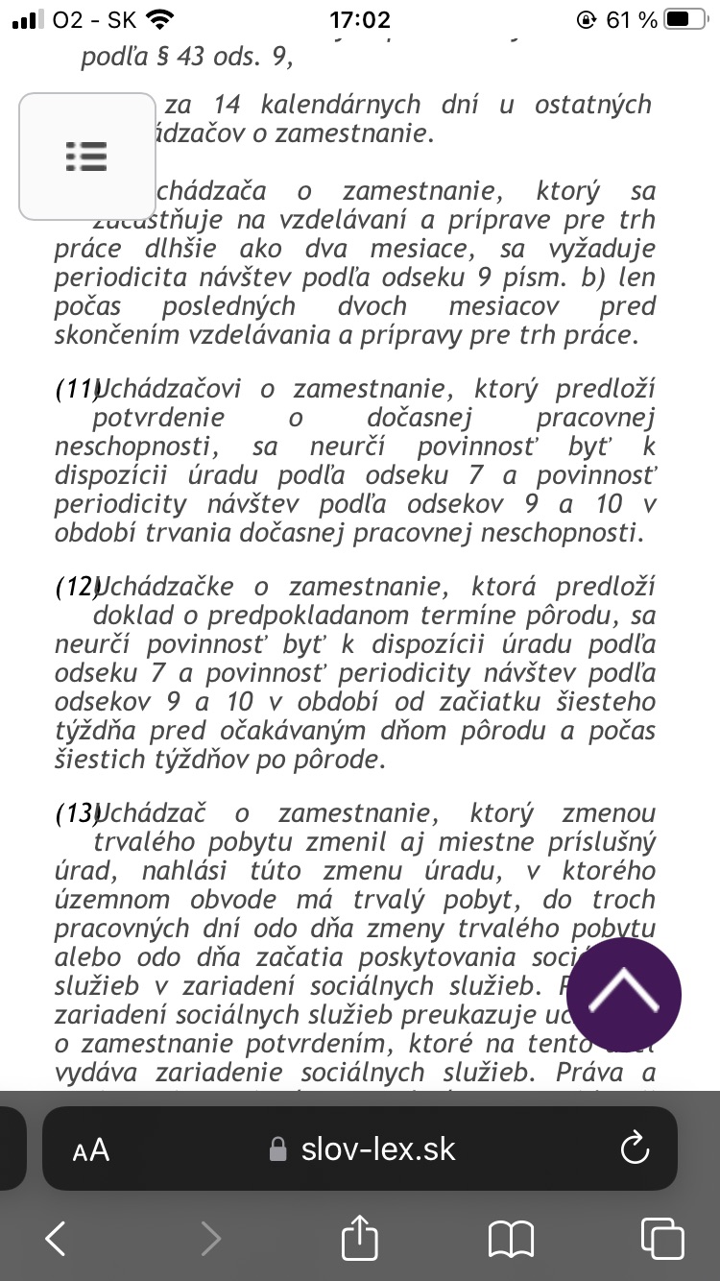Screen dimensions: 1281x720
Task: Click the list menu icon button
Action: pyautogui.click(x=86, y=156)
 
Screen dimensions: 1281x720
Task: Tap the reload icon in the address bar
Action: pyautogui.click(x=636, y=1149)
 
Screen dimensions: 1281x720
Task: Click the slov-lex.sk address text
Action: pyautogui.click(x=378, y=1149)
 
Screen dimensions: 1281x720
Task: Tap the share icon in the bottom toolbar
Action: pyautogui.click(x=360, y=1238)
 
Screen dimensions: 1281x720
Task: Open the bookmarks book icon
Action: pyautogui.click(x=511, y=1239)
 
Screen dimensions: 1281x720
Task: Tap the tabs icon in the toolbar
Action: pyautogui.click(x=661, y=1238)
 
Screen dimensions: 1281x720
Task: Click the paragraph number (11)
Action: pyautogui.click(x=77, y=389)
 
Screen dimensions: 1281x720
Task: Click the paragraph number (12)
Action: pyautogui.click(x=77, y=587)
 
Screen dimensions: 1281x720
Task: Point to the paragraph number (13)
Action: pyautogui.click(x=77, y=814)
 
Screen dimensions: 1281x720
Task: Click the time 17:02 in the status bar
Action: pyautogui.click(x=360, y=20)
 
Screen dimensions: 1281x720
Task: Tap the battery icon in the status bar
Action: pyautogui.click(x=689, y=20)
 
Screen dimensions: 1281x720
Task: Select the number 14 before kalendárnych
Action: pyautogui.click(x=228, y=105)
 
